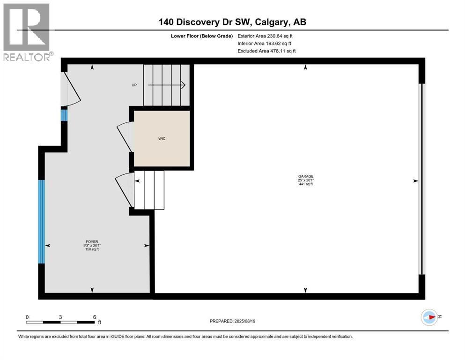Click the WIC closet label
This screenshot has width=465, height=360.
[x=162, y=139]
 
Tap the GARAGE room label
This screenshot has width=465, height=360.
[x=306, y=176]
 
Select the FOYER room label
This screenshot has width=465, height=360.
[x=92, y=241]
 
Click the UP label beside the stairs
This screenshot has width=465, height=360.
[x=134, y=85]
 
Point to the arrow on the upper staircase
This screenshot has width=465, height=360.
[x=167, y=85]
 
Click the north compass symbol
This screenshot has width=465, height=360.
[x=429, y=317]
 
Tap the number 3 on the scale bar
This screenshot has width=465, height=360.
[x=60, y=317]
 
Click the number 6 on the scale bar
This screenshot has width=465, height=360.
[x=95, y=317]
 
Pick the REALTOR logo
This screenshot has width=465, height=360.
[x=28, y=32]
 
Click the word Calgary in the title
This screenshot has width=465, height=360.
[x=272, y=22]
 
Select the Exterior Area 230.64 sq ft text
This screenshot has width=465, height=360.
[x=265, y=36]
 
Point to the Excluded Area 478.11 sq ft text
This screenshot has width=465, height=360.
[x=266, y=51]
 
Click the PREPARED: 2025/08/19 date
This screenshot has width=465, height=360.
[x=232, y=321]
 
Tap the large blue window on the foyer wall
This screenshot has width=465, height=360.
[x=42, y=221]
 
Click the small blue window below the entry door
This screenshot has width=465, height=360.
[x=64, y=115]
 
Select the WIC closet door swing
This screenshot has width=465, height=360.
[x=125, y=136]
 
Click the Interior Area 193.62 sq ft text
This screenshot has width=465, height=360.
[x=264, y=43]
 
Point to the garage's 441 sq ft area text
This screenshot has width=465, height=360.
[x=306, y=184]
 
